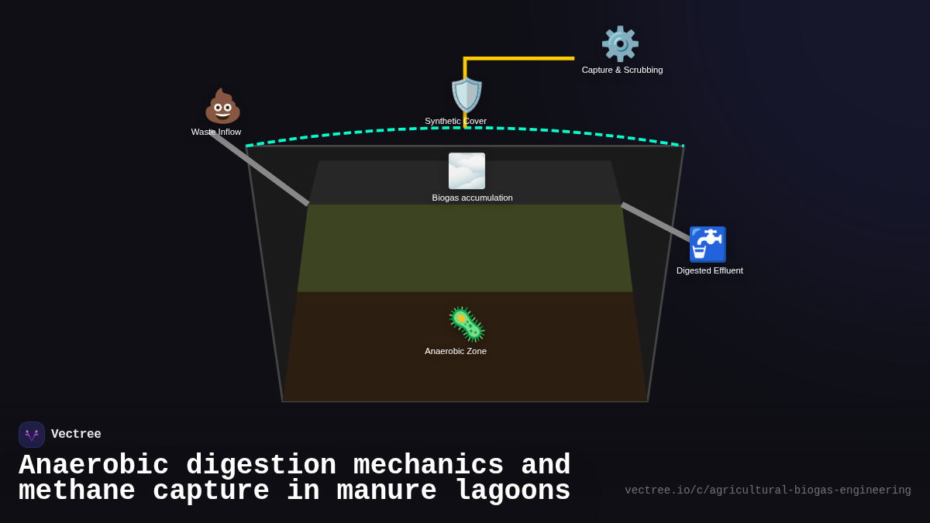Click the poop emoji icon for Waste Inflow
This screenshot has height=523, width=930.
tap(222, 106)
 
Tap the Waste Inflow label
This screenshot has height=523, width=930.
tap(216, 132)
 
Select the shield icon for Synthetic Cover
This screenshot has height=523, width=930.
tap(467, 95)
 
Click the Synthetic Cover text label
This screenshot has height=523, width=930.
tap(456, 121)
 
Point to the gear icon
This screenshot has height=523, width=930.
tap(620, 44)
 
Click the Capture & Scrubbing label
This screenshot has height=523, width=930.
tap(622, 70)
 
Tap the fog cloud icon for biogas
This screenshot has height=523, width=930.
tap(467, 171)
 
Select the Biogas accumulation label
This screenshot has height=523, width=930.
tap(472, 198)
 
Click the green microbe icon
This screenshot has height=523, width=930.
tap(467, 324)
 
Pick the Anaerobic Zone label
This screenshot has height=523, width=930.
tap(456, 351)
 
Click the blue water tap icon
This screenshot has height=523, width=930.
tap(708, 245)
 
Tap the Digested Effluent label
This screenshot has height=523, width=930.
tap(709, 270)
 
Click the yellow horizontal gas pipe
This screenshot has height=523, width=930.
tap(519, 58)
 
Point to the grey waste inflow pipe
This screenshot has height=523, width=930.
tap(260, 169)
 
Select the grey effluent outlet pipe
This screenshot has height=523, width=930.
tap(655, 222)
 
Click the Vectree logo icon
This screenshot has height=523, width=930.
tap(32, 435)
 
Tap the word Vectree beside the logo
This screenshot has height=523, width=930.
tap(76, 435)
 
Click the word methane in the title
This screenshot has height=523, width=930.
tap(77, 491)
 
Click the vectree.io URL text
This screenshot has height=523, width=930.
tap(767, 490)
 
